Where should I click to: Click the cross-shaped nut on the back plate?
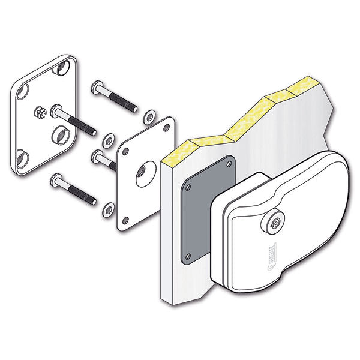tap(40, 112)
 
